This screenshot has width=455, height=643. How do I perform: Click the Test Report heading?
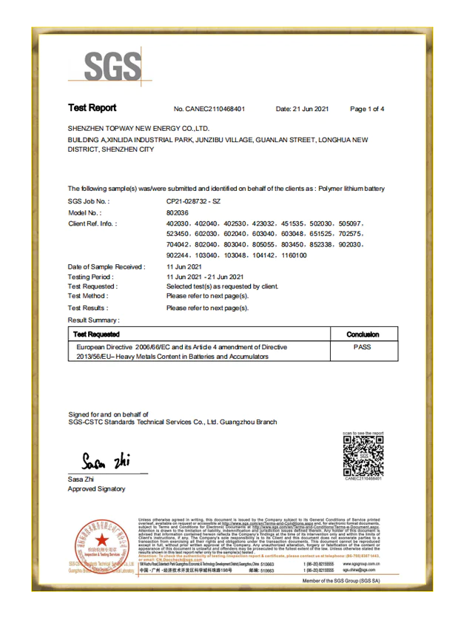pos(92,108)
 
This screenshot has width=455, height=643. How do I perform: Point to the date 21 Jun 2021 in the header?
pos(302,110)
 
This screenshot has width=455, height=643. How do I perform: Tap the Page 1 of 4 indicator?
pos(367,110)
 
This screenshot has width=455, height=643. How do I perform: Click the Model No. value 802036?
pos(178,212)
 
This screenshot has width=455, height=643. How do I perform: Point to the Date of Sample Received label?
pos(107,266)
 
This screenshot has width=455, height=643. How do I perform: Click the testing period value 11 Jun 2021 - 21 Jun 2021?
pos(205,276)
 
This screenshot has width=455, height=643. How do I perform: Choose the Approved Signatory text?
pos(96,489)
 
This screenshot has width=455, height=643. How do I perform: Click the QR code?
pos(363,456)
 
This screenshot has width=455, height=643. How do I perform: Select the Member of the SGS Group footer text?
pos(340,582)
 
